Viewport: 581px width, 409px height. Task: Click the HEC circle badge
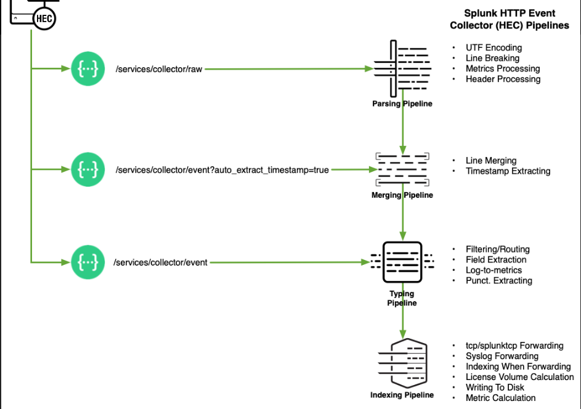point(44,18)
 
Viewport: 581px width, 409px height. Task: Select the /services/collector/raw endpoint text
point(158,70)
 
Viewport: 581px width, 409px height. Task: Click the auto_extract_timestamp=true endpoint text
point(222,170)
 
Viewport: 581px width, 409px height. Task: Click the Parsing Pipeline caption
point(402,104)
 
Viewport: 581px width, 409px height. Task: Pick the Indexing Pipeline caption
point(402,395)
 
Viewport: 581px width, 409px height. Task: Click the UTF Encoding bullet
point(494,47)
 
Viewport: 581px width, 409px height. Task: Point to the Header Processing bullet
point(503,79)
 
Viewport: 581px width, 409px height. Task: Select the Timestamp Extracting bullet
point(508,171)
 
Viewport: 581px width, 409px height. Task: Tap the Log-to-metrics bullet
point(494,270)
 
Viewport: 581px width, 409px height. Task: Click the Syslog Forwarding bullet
point(502,356)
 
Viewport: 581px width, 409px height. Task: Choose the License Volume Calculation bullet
point(519,377)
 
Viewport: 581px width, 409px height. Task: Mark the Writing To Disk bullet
point(495,387)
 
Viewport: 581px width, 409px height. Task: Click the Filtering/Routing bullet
point(497,249)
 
